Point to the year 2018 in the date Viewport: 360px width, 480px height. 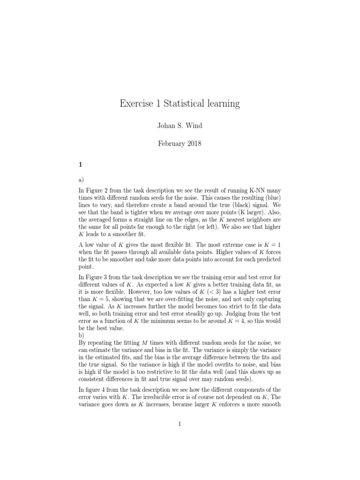[193, 144]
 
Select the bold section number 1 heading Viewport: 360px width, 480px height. [81, 165]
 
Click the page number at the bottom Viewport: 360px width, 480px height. [180, 424]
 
